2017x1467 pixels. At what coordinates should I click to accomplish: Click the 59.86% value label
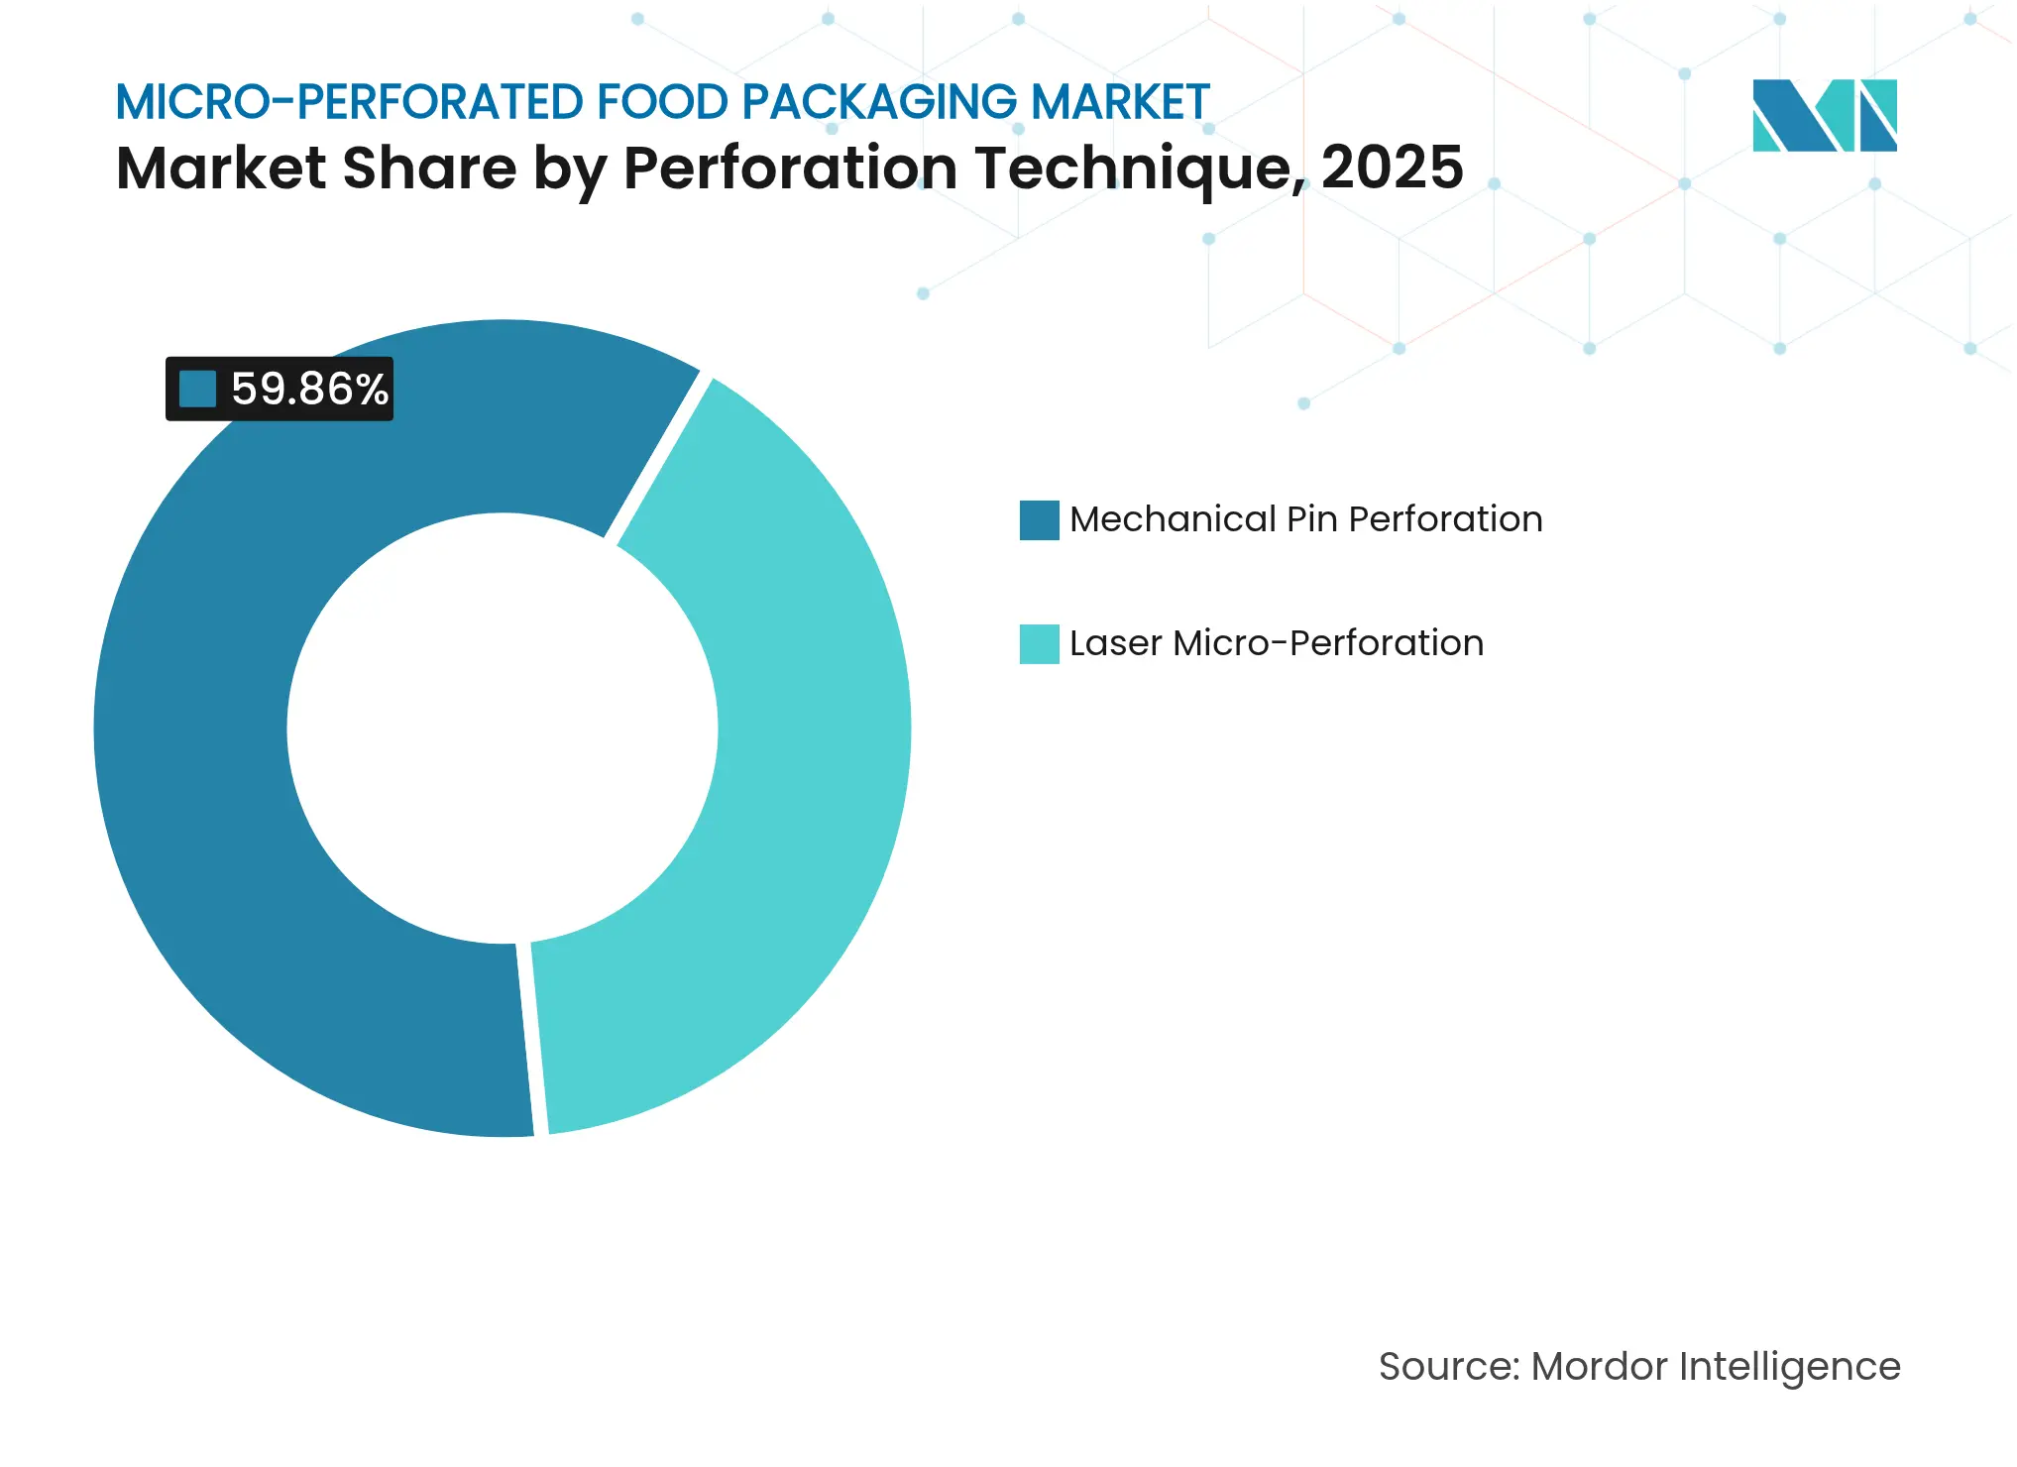[x=308, y=389]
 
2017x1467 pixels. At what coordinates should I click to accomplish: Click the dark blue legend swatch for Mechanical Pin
[x=1039, y=519]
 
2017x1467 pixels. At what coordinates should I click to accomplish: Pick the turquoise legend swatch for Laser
[x=1039, y=643]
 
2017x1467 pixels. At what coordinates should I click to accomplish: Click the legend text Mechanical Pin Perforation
[x=1305, y=519]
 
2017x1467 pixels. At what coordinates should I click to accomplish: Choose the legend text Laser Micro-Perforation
[x=1276, y=643]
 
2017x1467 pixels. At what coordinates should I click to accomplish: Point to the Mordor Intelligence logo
[x=1824, y=115]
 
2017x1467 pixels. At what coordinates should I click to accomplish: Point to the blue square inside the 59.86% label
[x=197, y=389]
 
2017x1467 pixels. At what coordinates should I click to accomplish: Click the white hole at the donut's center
[x=502, y=729]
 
